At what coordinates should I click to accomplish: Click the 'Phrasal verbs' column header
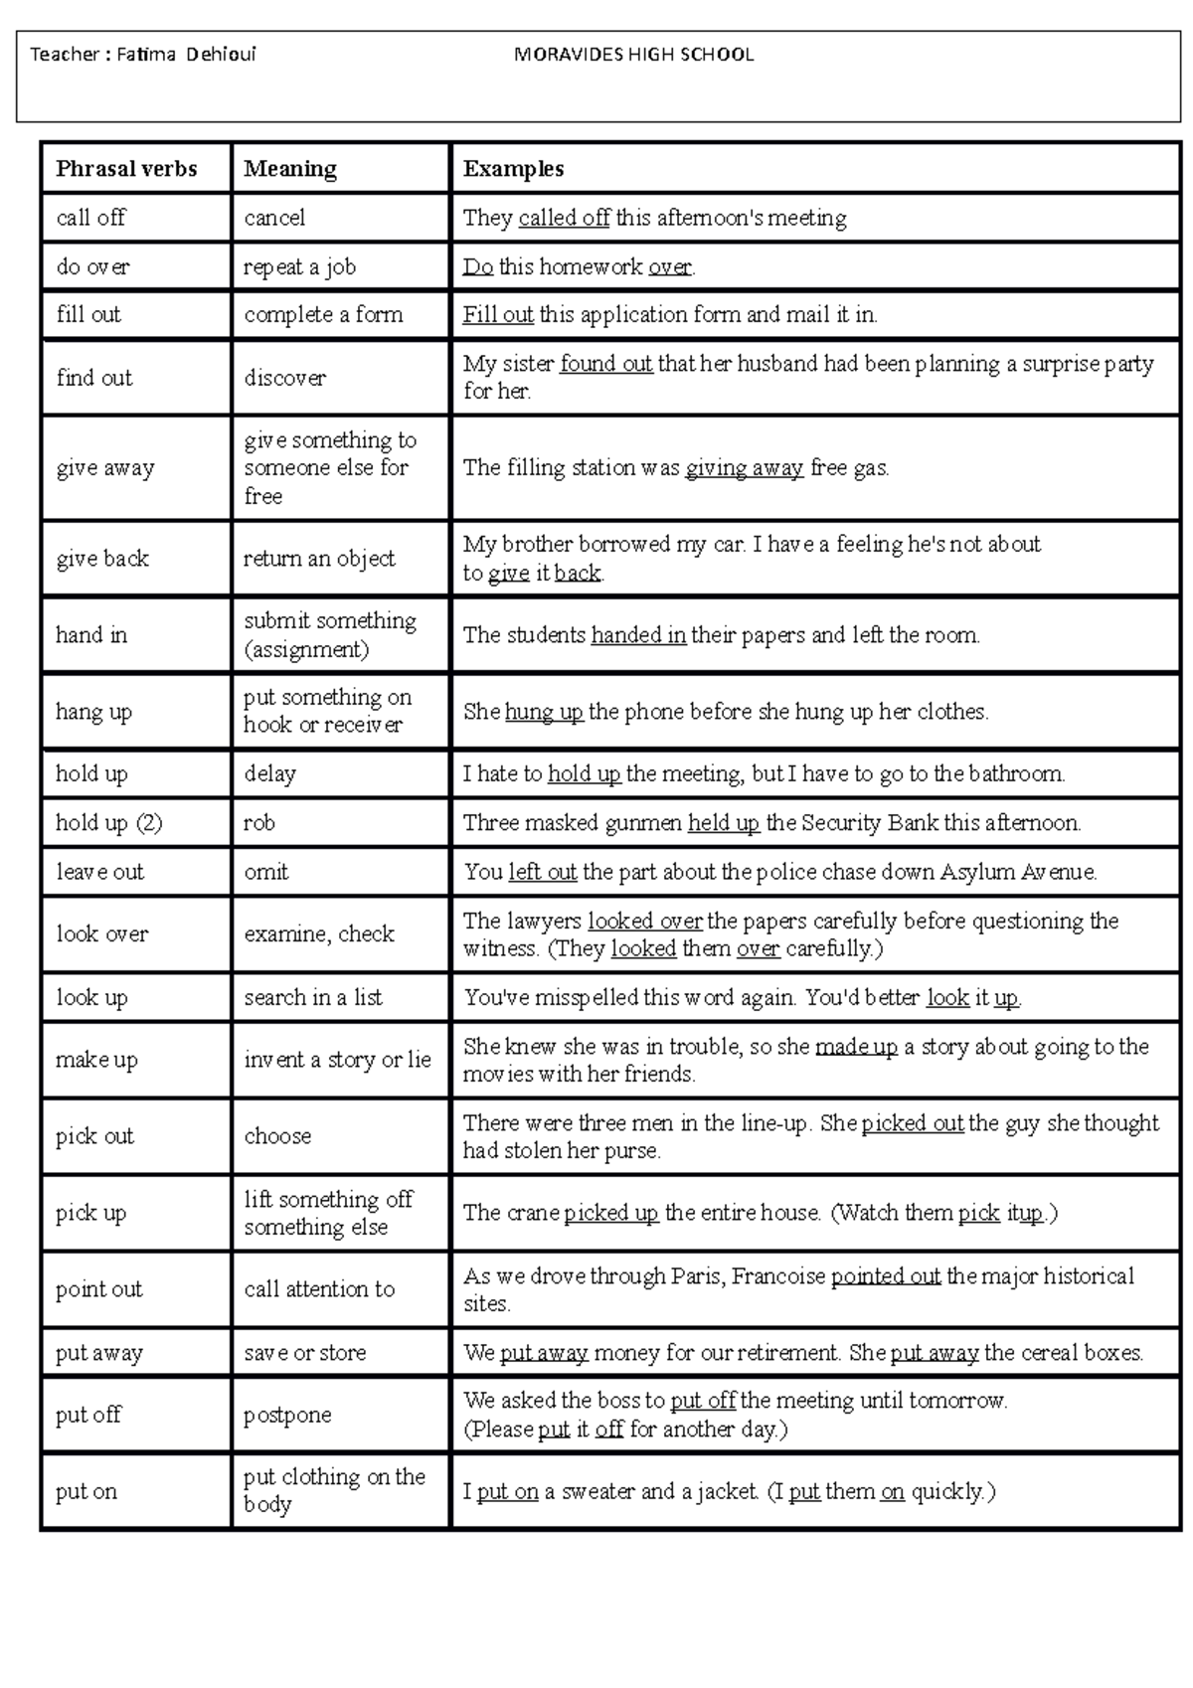point(126,169)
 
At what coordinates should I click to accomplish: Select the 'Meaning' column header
point(290,169)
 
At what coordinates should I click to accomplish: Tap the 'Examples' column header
point(513,169)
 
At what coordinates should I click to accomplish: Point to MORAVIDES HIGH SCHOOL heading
point(633,55)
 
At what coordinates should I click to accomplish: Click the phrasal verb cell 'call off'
point(91,218)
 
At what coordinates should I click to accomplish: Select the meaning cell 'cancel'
point(274,218)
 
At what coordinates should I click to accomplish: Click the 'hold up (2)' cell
point(108,822)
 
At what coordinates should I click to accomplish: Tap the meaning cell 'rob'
point(259,822)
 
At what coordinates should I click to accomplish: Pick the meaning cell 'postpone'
point(287,1415)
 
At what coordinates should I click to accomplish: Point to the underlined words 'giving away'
point(744,467)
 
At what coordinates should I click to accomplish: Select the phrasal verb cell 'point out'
point(98,1289)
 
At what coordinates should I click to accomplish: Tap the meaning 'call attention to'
point(319,1289)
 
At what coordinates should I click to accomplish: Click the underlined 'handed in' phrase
point(638,635)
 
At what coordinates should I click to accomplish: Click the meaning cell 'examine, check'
point(319,933)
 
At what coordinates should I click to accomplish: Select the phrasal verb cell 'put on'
point(86,1491)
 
